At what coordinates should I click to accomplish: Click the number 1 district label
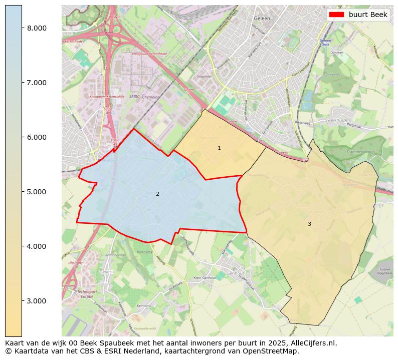[x=219, y=148]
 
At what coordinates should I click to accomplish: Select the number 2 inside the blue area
[x=157, y=194]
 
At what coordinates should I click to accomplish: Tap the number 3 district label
[x=309, y=224]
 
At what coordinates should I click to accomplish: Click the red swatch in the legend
[x=336, y=15]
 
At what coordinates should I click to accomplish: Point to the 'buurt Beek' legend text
[x=368, y=15]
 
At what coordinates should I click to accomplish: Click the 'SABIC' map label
[x=134, y=97]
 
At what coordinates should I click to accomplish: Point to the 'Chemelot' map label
[x=150, y=97]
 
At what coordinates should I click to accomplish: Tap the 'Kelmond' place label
[x=143, y=305]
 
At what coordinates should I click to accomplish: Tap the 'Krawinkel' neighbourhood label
[x=205, y=77]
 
